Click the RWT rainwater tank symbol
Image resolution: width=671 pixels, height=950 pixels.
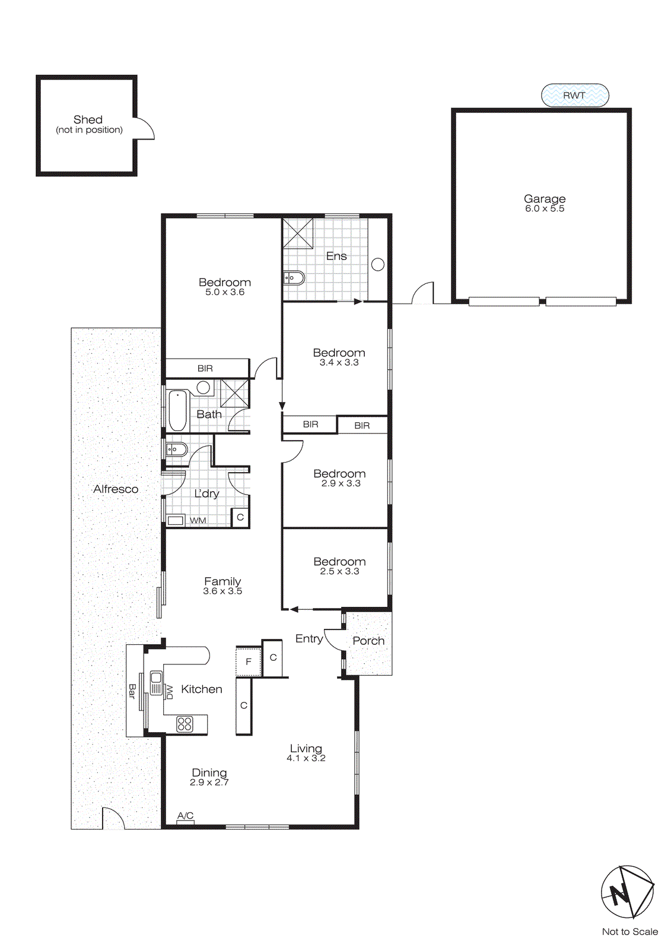point(575,95)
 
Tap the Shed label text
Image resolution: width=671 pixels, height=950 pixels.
point(88,120)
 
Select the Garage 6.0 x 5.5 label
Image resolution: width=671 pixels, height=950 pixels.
point(545,203)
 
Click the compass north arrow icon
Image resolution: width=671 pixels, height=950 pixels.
point(627,892)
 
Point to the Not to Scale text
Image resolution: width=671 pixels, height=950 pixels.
point(629,932)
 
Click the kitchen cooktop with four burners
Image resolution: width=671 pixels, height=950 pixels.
point(185,723)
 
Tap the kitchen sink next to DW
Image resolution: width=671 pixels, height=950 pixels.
point(156,682)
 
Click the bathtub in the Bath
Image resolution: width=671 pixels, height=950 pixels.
point(177,410)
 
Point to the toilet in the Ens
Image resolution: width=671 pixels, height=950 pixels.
point(294,277)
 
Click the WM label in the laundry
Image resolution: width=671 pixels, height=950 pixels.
point(198,521)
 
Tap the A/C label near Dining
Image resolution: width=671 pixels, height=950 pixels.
point(185,816)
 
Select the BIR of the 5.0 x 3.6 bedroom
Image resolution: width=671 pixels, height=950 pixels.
point(205,368)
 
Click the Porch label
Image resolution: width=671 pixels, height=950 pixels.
point(368,641)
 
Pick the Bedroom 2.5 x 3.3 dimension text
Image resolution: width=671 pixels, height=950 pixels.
point(339,571)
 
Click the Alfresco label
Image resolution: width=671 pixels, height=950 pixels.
point(116,489)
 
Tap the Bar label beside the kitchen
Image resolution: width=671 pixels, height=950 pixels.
point(132,691)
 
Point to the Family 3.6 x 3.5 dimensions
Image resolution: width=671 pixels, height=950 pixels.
point(222,591)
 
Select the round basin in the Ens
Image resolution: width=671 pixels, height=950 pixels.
point(378,265)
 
